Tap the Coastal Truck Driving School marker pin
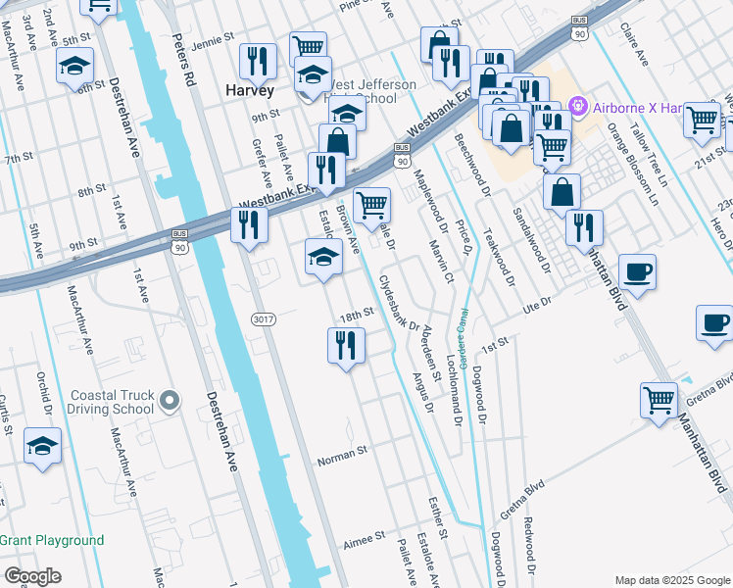[170, 400]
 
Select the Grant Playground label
[52, 540]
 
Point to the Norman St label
[342, 452]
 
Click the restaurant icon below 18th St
[346, 347]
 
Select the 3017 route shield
[263, 318]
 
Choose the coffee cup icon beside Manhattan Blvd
[637, 271]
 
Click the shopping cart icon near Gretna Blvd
[659, 400]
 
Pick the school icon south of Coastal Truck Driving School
[43, 447]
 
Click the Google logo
[32, 576]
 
